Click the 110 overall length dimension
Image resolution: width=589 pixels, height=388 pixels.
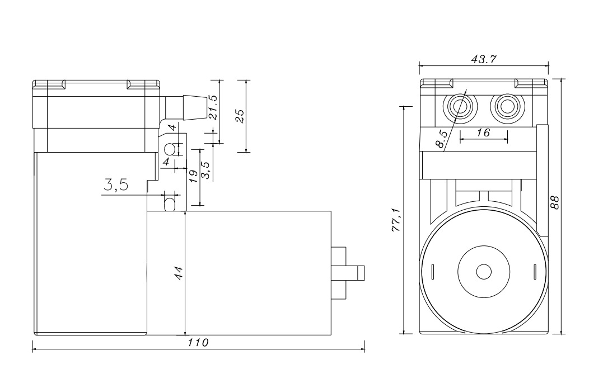coord(198,343)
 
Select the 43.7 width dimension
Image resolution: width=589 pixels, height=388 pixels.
coord(484,59)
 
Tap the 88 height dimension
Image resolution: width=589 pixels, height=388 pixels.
coord(555,202)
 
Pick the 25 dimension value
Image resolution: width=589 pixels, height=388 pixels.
coord(240,116)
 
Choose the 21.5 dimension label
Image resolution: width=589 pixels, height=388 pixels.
coord(213,107)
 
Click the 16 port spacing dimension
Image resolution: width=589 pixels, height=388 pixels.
coord(483,132)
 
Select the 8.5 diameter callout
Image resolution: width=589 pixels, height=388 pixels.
coord(441,139)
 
